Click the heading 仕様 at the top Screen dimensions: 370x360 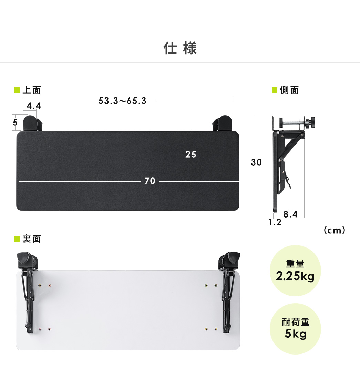point(180,49)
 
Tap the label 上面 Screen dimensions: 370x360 point(31,91)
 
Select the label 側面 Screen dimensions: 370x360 point(289,91)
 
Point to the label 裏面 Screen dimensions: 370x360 point(31,239)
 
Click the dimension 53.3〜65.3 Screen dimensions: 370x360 point(122,101)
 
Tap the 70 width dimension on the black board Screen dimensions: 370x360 point(150,181)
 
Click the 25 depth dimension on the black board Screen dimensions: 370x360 point(191,155)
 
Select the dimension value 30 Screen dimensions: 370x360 point(256,162)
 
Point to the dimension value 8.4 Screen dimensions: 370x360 point(290,214)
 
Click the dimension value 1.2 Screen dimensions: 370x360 point(275,222)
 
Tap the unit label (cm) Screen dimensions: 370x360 point(335,230)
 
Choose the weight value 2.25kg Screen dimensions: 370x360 point(295,276)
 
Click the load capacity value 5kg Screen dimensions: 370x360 point(295,334)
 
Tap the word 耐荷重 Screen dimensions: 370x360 point(295,323)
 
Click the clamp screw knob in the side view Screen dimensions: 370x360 point(312,122)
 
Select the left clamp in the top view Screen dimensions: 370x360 point(32,123)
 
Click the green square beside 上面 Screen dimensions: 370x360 point(17,91)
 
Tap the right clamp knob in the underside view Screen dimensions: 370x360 point(233,258)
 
